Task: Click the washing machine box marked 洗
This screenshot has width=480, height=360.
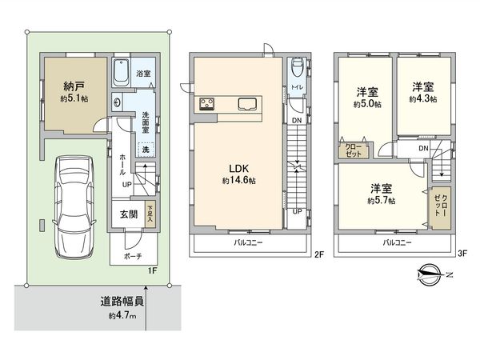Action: coord(146,149)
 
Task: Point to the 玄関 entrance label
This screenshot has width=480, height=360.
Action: coord(129,214)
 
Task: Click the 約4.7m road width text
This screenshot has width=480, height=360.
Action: coord(123,316)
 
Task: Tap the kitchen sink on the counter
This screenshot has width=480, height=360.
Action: coord(247,102)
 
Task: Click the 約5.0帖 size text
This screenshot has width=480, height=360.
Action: coord(369,104)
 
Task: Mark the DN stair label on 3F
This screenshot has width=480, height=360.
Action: coord(422,148)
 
